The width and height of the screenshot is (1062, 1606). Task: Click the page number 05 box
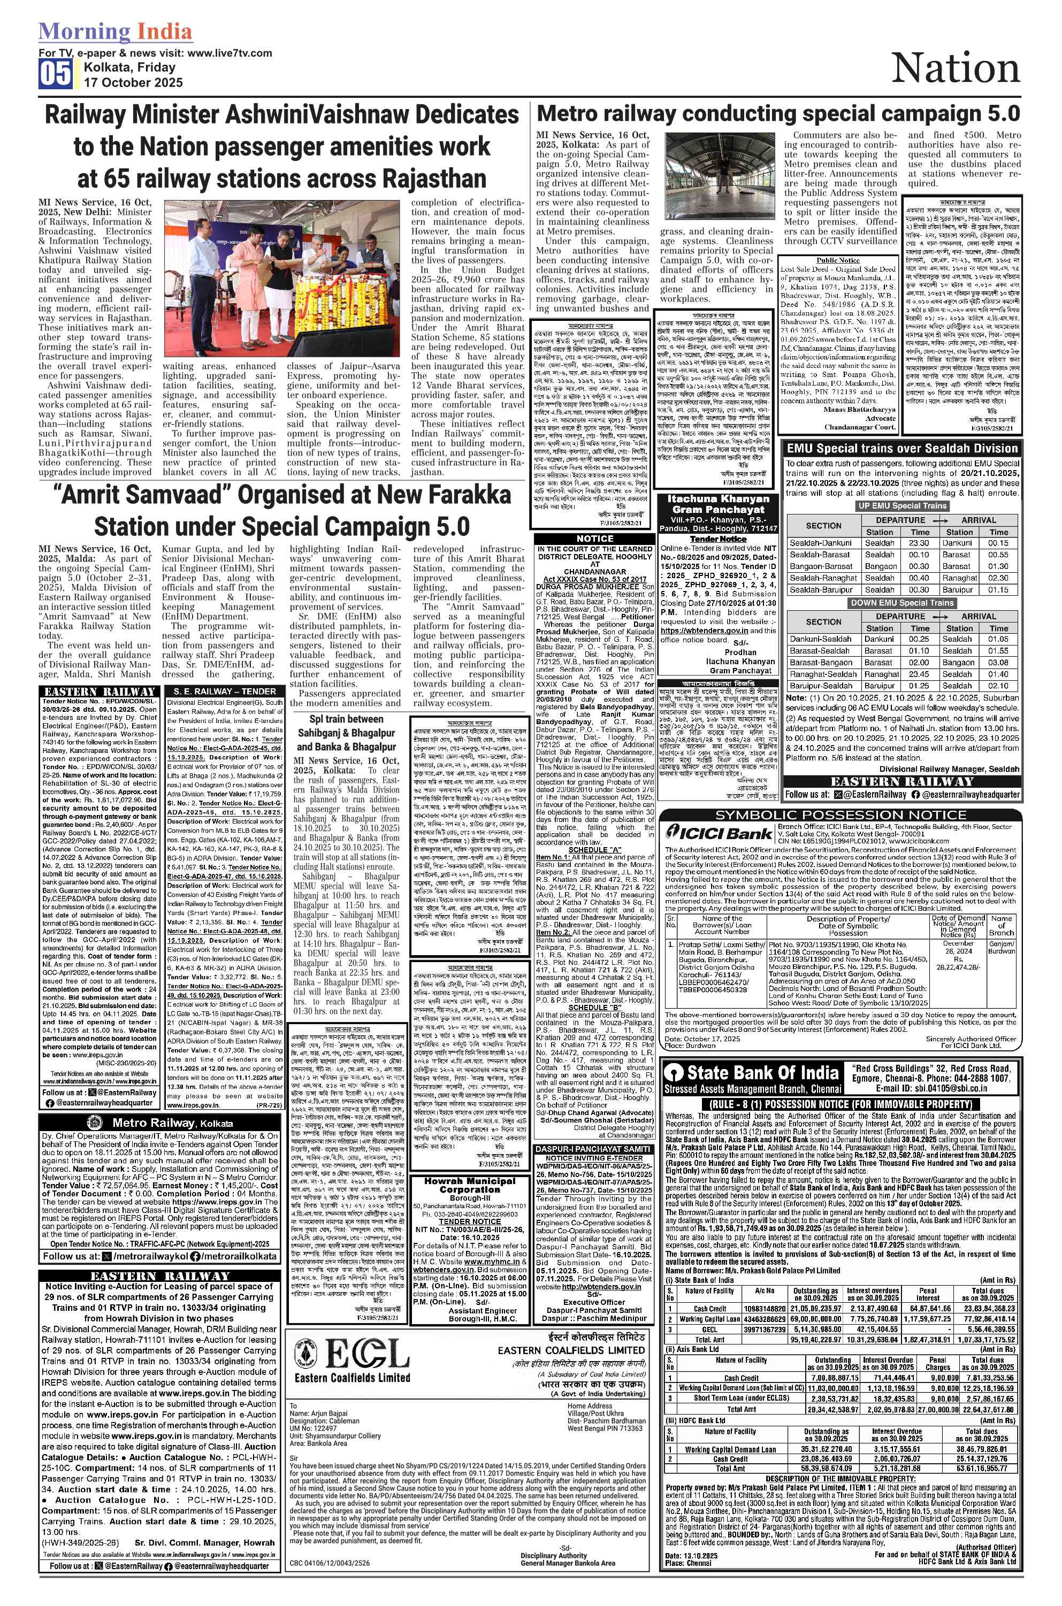(56, 74)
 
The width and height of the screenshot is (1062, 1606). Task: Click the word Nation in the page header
(955, 69)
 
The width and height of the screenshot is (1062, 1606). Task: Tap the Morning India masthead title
(115, 31)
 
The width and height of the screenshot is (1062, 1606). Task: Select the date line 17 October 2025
(133, 82)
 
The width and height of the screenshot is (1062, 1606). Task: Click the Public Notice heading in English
(838, 260)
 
